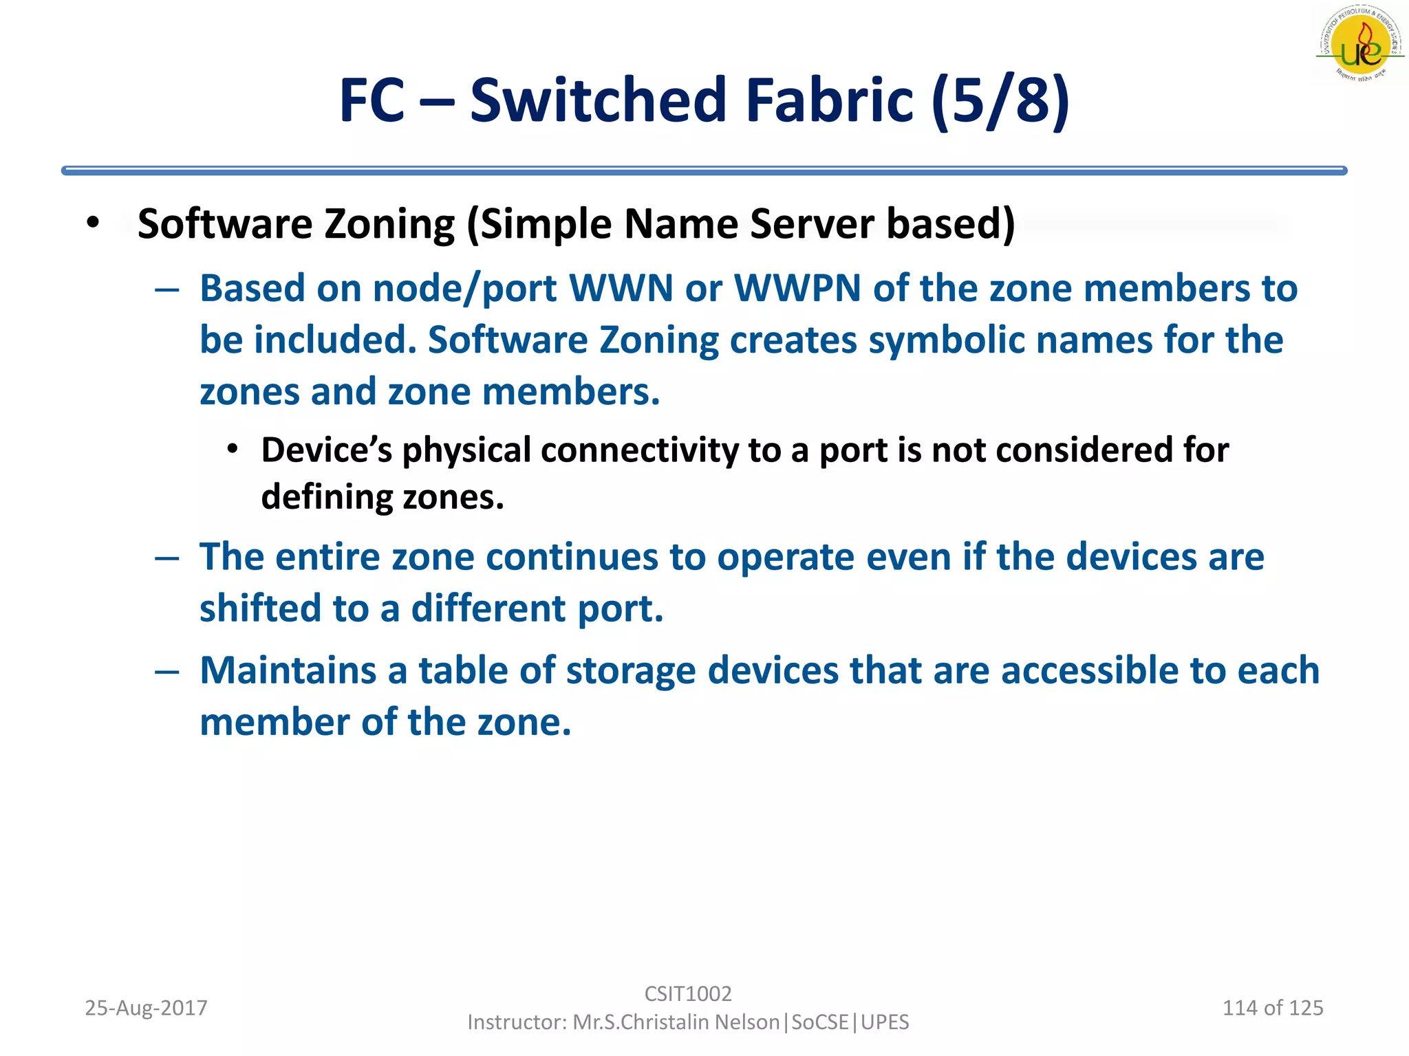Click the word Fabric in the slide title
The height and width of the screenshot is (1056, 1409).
coord(830,100)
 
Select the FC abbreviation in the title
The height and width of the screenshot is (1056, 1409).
coord(372,100)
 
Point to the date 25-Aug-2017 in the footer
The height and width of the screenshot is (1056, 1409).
coord(146,1008)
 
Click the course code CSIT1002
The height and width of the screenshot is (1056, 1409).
coord(688,993)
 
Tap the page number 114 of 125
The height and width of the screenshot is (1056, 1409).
coord(1272,1008)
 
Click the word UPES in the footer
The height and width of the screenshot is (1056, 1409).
coord(885,1022)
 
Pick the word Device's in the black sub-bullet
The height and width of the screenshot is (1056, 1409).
coord(327,450)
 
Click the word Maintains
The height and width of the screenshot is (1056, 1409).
coord(288,670)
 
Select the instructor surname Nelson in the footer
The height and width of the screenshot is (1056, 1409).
coord(746,1022)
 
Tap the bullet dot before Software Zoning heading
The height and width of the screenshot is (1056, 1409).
coord(93,223)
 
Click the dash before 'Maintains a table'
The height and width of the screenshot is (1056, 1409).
coord(167,672)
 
